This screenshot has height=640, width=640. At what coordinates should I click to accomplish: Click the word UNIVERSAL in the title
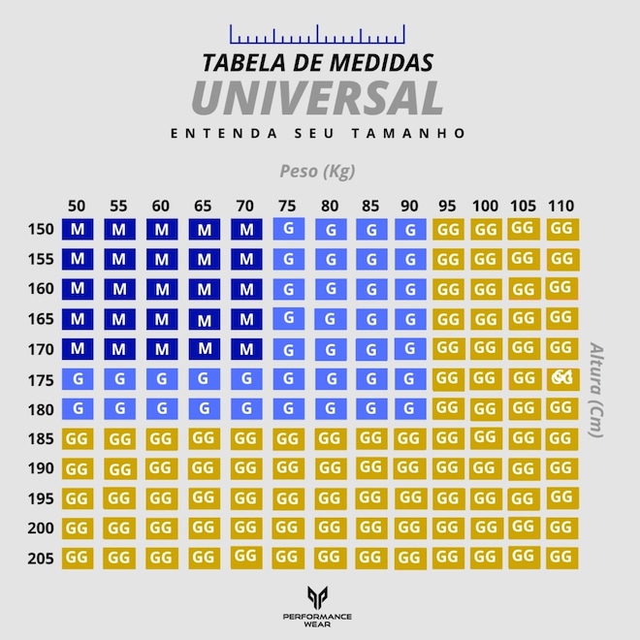click(317, 97)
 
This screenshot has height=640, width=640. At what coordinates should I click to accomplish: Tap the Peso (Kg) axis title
click(317, 172)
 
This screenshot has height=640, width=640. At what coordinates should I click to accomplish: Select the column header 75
click(287, 206)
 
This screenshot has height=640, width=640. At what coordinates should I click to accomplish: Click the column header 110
click(560, 206)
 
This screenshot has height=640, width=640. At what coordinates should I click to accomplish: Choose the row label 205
click(42, 559)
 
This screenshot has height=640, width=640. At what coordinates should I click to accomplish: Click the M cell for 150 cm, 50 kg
click(77, 230)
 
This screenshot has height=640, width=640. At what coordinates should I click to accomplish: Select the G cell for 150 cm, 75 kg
click(288, 229)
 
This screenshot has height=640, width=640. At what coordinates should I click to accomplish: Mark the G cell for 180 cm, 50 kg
click(77, 408)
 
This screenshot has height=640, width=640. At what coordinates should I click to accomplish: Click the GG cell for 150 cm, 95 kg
click(448, 230)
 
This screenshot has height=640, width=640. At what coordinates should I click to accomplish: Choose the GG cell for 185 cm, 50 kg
click(77, 438)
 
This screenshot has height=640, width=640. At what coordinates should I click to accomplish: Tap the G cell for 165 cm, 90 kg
click(410, 319)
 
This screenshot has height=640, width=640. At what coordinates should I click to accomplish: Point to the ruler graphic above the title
click(317, 36)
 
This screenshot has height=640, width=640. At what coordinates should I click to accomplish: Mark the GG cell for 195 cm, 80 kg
click(330, 498)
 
